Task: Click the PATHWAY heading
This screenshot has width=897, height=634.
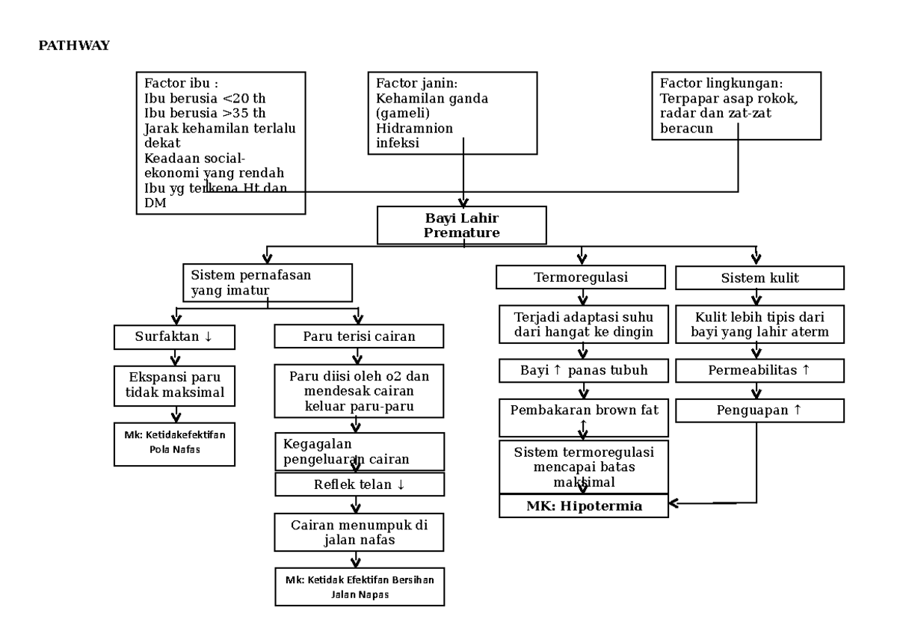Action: coord(74,46)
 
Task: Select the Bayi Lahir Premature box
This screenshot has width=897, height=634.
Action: coord(461,225)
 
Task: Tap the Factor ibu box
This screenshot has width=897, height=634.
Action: coord(221,142)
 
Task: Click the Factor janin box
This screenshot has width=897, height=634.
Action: coord(452,113)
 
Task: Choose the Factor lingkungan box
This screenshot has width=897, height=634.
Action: coord(736,105)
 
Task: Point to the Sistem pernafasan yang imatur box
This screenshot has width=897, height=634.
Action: coord(267,283)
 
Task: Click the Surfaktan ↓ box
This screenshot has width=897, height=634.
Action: coord(174,336)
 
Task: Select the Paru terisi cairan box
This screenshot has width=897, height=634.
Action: coord(359,336)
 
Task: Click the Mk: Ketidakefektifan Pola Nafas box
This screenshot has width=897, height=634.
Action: coord(174,443)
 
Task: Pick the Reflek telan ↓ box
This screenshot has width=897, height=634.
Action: coord(359,484)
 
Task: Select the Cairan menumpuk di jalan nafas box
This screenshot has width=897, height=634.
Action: coord(359,532)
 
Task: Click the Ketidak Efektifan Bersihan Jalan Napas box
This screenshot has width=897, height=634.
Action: coord(359,587)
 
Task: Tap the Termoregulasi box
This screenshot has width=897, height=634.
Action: coord(580,277)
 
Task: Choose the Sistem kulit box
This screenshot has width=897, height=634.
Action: coord(759,277)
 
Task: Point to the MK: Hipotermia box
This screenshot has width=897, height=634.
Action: coord(584,506)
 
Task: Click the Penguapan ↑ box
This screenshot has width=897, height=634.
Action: coord(759,410)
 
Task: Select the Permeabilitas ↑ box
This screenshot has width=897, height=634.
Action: coord(759,370)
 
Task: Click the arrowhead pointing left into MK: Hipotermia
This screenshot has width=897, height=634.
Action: coord(674,503)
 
